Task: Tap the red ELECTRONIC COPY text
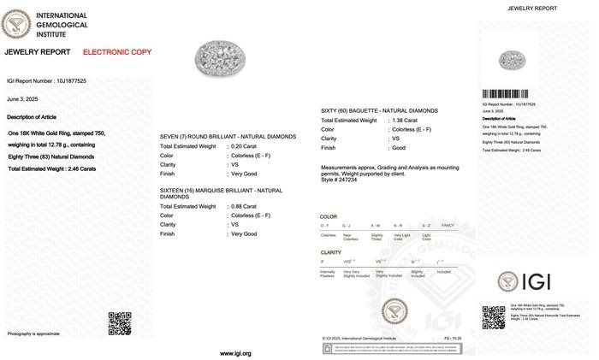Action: tap(117, 52)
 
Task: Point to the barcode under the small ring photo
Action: tap(515, 94)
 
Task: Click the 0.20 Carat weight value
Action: tap(248, 147)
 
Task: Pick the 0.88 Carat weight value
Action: tap(248, 206)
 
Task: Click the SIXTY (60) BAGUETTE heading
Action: tap(379, 111)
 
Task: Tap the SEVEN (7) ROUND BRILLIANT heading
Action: tap(228, 137)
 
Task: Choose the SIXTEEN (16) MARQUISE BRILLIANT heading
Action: tap(221, 192)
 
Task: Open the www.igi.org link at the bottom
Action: tap(235, 353)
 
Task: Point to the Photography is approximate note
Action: tap(33, 333)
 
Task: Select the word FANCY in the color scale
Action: tap(447, 225)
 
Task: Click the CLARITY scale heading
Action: tap(330, 252)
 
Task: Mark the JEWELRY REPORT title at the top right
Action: tap(534, 8)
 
